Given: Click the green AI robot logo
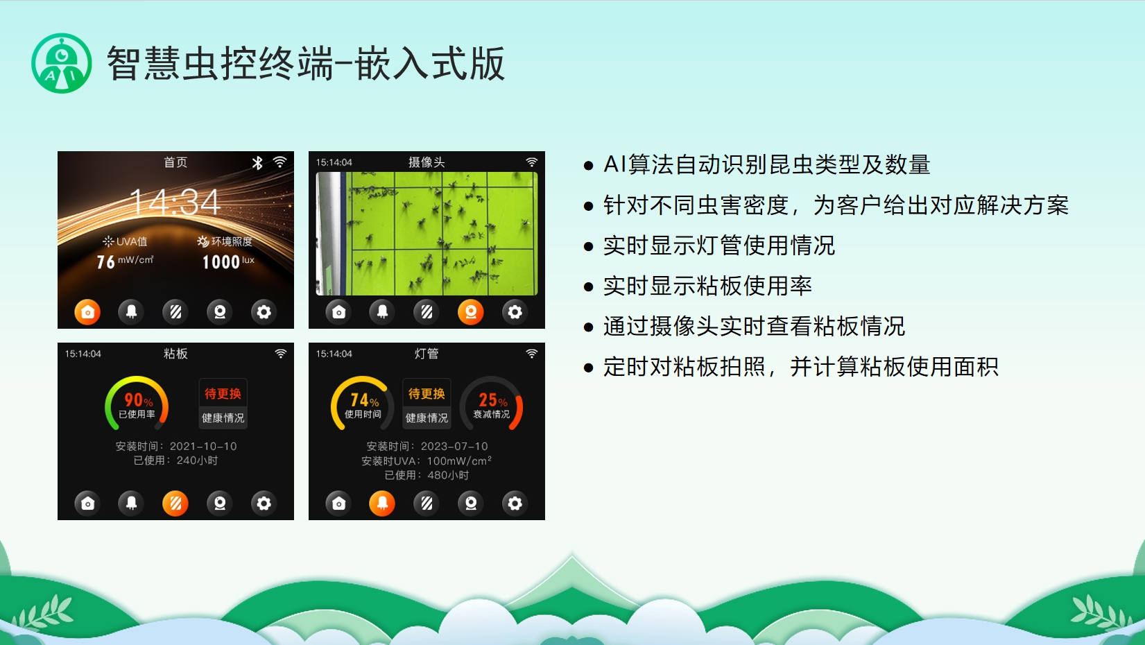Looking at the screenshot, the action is (61, 63).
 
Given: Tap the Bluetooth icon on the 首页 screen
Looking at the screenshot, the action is (257, 162).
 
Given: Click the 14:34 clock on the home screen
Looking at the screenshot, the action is (175, 202).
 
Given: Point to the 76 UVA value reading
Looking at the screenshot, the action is (106, 262).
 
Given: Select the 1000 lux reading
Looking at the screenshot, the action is (221, 262).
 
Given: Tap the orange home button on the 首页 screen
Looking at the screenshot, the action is (87, 312).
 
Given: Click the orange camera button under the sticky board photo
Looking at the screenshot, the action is (471, 312).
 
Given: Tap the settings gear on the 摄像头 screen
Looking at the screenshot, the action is (515, 312).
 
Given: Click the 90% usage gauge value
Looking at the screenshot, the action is (139, 400).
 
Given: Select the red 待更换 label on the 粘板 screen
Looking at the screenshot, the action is (223, 393).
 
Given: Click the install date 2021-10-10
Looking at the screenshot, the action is (203, 446).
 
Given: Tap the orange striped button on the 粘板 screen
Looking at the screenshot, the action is (175, 504).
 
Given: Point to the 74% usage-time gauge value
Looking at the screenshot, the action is (364, 400).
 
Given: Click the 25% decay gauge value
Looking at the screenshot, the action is (493, 400).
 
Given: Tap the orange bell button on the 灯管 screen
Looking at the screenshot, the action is (382, 504).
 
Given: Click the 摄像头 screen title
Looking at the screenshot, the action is (427, 162).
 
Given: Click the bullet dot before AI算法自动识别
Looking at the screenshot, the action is (588, 166).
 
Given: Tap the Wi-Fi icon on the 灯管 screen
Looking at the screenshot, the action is (532, 354).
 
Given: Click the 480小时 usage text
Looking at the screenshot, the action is (448, 475).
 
